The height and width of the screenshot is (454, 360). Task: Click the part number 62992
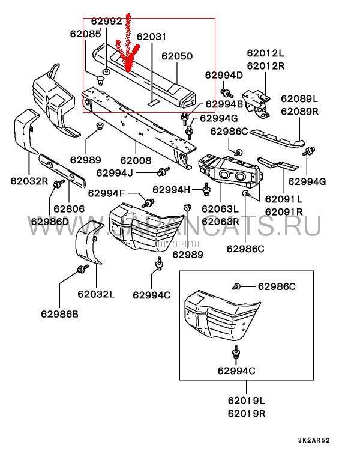(106, 21)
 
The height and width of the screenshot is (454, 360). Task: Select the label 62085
(86, 34)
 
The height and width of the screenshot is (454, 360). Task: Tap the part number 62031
(151, 37)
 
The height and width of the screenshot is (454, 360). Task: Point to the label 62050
(177, 56)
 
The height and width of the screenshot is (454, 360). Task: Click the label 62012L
(265, 53)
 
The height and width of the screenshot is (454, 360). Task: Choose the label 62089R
(299, 112)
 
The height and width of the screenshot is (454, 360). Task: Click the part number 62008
(136, 160)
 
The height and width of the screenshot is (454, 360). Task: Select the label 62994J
(115, 173)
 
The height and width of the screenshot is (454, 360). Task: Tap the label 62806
(69, 209)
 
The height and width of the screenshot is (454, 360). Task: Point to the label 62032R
(29, 181)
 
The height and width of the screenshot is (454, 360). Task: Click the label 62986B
(59, 314)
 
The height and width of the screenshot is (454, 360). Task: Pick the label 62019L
(246, 401)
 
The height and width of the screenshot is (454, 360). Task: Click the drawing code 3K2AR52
(314, 440)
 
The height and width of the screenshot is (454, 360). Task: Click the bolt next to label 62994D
(227, 94)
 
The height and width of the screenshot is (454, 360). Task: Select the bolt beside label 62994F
(148, 203)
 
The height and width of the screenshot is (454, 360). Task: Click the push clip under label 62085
(100, 80)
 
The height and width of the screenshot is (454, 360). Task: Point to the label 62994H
(172, 190)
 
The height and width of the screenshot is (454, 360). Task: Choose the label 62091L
(284, 199)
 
